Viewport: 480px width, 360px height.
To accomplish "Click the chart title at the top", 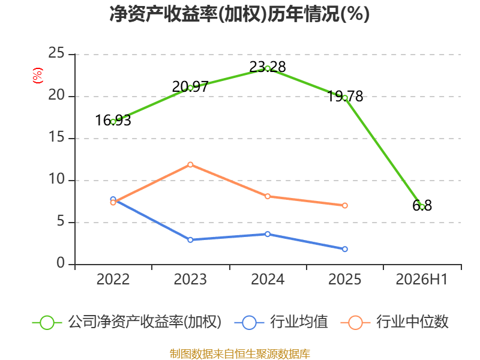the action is click(239, 14).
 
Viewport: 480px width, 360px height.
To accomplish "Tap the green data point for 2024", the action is click(268, 68).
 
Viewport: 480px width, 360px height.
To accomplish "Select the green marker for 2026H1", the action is click(422, 206).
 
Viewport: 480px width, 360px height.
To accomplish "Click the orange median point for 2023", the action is click(190, 164).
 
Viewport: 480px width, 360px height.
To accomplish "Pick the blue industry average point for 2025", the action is click(344, 249).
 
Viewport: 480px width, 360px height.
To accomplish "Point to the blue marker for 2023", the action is click(190, 240).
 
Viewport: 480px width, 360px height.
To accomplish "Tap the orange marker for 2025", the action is click(344, 205).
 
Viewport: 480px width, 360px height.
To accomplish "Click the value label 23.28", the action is click(268, 67).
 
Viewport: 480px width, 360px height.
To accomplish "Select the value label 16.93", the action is click(113, 121).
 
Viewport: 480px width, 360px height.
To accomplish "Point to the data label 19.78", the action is click(345, 97).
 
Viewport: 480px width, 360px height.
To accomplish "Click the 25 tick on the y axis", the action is click(56, 53).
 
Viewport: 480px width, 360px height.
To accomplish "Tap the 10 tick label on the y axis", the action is click(56, 179).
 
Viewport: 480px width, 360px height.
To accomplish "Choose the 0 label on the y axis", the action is click(61, 263).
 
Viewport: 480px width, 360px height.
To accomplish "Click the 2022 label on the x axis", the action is click(113, 280).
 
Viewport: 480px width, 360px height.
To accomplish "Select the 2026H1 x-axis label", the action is click(422, 280).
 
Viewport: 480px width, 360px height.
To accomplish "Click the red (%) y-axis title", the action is click(37, 76).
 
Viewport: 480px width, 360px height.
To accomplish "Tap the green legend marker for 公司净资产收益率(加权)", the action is click(47, 323).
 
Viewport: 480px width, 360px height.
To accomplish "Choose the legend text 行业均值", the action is click(299, 322).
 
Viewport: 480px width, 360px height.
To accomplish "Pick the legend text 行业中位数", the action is click(412, 322).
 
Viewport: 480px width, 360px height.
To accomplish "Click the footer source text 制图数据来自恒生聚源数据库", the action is click(240, 354).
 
